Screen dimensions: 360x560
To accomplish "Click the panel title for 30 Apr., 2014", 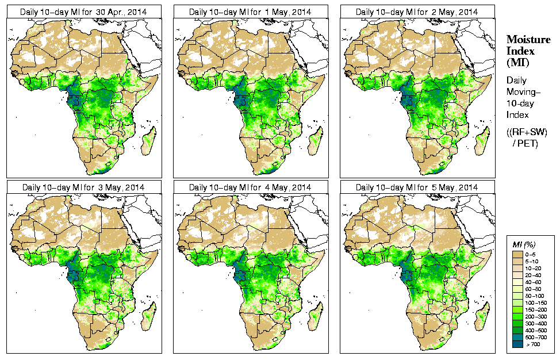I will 83,12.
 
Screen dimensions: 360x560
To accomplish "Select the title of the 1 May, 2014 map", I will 250,12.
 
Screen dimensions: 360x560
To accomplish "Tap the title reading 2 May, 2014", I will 417,12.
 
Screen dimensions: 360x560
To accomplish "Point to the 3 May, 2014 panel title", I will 83,187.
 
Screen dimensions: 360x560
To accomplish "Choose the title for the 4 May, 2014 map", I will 250,187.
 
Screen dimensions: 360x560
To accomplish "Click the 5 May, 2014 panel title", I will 417,187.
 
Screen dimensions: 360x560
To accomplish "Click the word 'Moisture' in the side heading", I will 528,39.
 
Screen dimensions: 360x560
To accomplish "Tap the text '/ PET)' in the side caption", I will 525,143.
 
